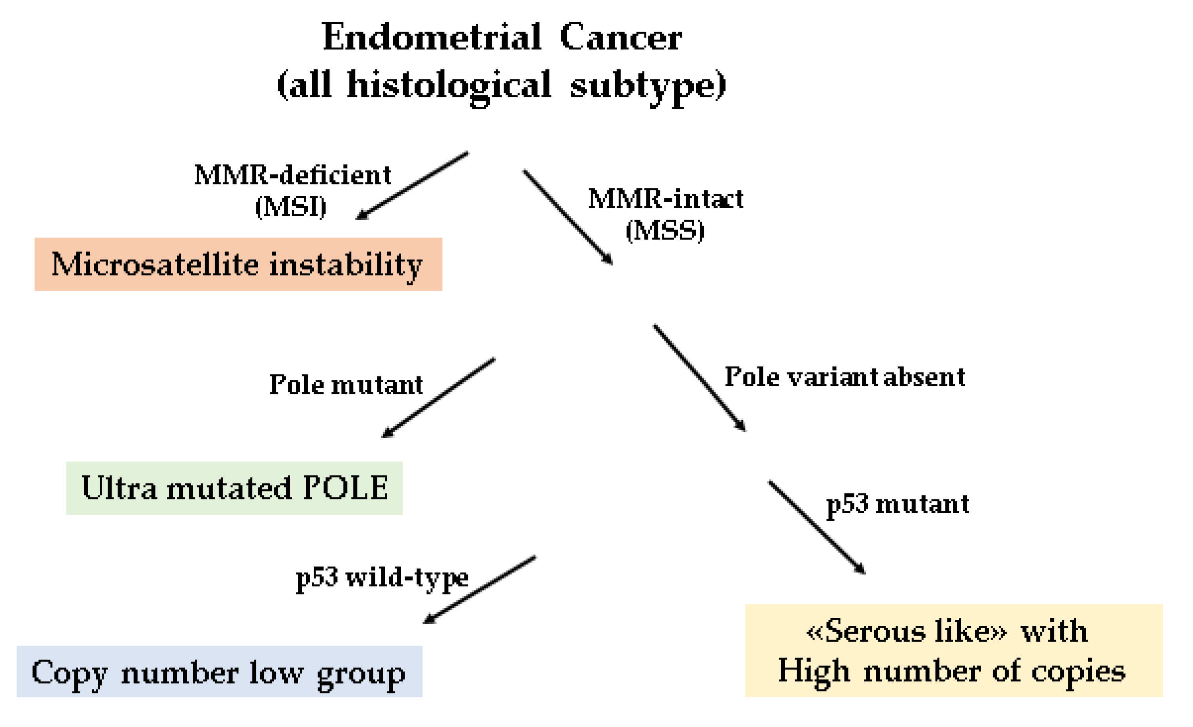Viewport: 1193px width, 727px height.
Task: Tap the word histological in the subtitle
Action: click(x=449, y=85)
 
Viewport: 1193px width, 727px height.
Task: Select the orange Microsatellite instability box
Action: click(x=238, y=264)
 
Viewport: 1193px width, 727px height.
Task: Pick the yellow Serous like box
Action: click(x=953, y=651)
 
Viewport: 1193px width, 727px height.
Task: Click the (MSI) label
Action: click(x=291, y=207)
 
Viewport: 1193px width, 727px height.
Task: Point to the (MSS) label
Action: click(x=665, y=230)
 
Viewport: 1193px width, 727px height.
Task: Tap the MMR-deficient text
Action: click(x=292, y=175)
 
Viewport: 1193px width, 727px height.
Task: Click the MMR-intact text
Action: click(x=666, y=199)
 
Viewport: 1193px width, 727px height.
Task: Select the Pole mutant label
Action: click(x=346, y=385)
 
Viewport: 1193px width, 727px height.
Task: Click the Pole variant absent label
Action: click(x=845, y=377)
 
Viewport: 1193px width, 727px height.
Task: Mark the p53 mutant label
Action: click(x=897, y=504)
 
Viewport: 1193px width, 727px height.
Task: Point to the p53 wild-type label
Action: click(x=382, y=577)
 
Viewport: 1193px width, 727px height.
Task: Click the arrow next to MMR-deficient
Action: click(x=412, y=186)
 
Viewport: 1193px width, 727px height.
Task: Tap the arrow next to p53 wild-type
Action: click(x=479, y=590)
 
